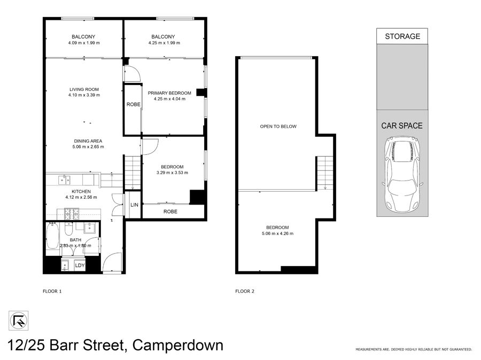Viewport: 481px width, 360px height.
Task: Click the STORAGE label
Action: [x=402, y=36]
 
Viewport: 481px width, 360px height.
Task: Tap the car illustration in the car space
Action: [x=402, y=174]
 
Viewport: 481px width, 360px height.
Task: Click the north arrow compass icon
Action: [x=18, y=321]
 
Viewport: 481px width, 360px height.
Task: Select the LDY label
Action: [x=80, y=265]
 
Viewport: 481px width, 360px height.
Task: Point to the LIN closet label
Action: [x=134, y=205]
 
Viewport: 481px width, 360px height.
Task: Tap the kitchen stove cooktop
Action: [x=72, y=214]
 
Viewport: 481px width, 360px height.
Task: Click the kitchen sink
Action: [x=64, y=179]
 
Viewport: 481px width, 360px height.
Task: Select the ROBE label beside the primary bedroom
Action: [x=134, y=105]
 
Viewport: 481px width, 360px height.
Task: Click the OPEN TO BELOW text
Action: [x=278, y=127]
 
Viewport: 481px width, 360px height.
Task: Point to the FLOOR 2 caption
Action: [x=245, y=291]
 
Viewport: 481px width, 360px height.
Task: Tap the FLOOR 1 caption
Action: [x=52, y=291]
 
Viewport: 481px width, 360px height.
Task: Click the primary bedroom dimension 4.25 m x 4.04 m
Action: [x=169, y=99]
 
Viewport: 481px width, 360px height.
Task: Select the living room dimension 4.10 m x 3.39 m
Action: [x=84, y=95]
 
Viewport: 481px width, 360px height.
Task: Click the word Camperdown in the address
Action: [x=177, y=345]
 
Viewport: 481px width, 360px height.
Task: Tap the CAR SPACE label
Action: [x=402, y=126]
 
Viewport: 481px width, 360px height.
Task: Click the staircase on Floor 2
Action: [x=325, y=173]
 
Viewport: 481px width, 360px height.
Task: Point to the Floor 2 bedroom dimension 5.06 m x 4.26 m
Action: [x=277, y=233]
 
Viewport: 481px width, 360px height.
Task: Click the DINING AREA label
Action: [x=88, y=141]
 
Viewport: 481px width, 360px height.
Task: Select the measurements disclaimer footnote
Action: [x=414, y=349]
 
